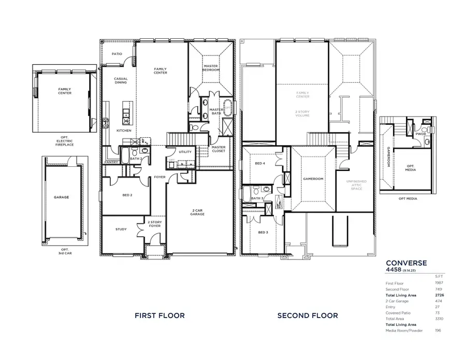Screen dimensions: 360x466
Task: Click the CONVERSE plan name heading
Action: (406, 263)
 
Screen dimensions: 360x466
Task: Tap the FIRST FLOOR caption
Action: (159, 315)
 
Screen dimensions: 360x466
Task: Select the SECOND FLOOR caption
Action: (308, 315)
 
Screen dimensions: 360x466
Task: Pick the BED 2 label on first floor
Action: (127, 195)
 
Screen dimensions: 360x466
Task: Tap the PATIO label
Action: (118, 53)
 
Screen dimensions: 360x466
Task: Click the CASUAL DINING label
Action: (121, 81)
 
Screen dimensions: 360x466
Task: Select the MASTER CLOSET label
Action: (218, 149)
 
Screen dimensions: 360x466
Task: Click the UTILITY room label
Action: (185, 152)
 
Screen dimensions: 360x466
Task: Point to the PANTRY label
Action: (111, 162)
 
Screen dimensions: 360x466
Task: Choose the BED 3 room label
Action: (263, 232)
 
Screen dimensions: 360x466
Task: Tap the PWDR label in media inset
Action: (420, 134)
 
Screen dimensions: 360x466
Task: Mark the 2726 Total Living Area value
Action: (440, 295)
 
